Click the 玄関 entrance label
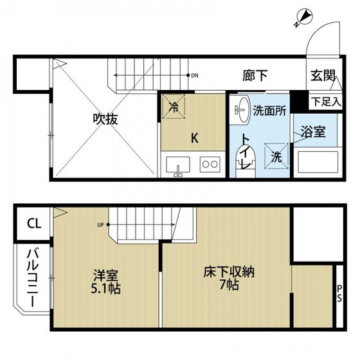point(322,76)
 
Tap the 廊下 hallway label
point(255,75)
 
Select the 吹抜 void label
point(104,119)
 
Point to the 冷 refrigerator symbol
point(174,107)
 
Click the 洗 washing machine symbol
point(274,156)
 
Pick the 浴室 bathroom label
point(314,132)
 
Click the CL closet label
point(33,224)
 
